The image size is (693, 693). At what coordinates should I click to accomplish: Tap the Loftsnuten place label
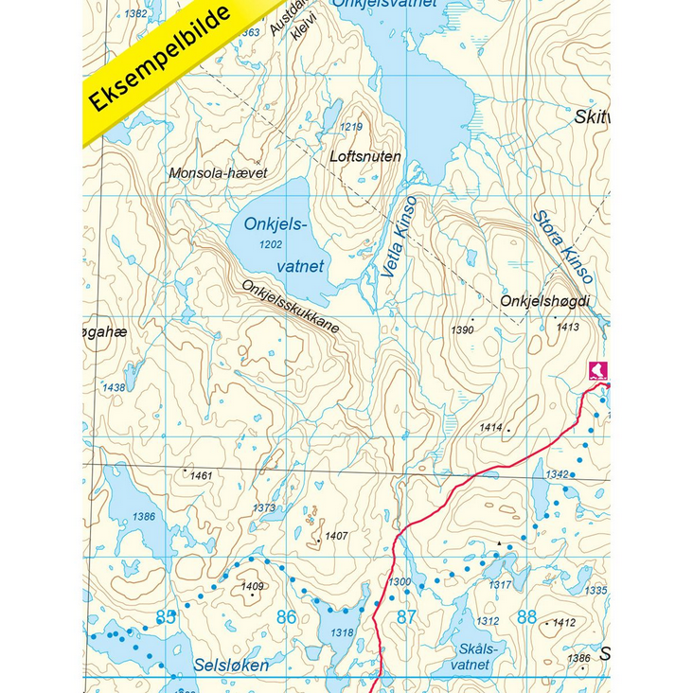[x=367, y=156]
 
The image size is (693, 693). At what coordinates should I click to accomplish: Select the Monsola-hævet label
[x=218, y=173]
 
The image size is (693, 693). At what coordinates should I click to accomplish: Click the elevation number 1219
[x=351, y=127]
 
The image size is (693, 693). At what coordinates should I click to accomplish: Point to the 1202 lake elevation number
[x=270, y=244]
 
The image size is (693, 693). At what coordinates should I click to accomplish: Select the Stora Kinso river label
[x=562, y=246]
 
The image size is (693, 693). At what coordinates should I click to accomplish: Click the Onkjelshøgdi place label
[x=544, y=301]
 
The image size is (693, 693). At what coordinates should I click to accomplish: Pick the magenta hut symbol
[x=598, y=369]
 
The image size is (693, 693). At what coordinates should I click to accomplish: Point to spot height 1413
[x=568, y=327]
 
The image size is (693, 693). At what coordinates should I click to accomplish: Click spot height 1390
[x=462, y=330]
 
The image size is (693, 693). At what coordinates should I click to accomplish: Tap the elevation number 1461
[x=201, y=475]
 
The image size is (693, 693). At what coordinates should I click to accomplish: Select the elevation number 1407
[x=336, y=536]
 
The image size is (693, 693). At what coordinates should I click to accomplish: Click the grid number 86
[x=286, y=617]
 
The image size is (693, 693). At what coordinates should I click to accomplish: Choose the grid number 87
[x=406, y=617]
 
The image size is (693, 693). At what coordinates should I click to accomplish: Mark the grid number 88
[x=527, y=617]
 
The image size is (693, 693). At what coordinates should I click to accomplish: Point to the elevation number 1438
[x=114, y=388]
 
